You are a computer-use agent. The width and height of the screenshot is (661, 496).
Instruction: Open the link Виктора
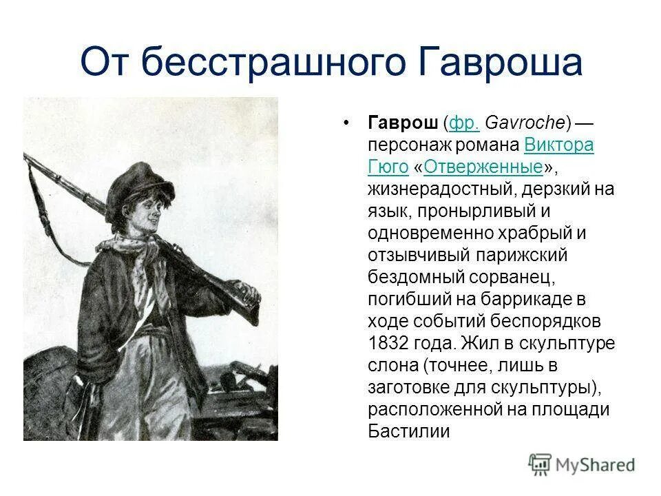point(559,145)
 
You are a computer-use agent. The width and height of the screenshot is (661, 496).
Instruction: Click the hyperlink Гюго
point(388,167)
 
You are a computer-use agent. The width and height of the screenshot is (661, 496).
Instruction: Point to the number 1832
point(389,342)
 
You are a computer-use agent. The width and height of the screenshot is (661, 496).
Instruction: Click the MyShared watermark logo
point(582,464)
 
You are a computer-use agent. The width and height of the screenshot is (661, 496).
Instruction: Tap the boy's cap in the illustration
point(138,180)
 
